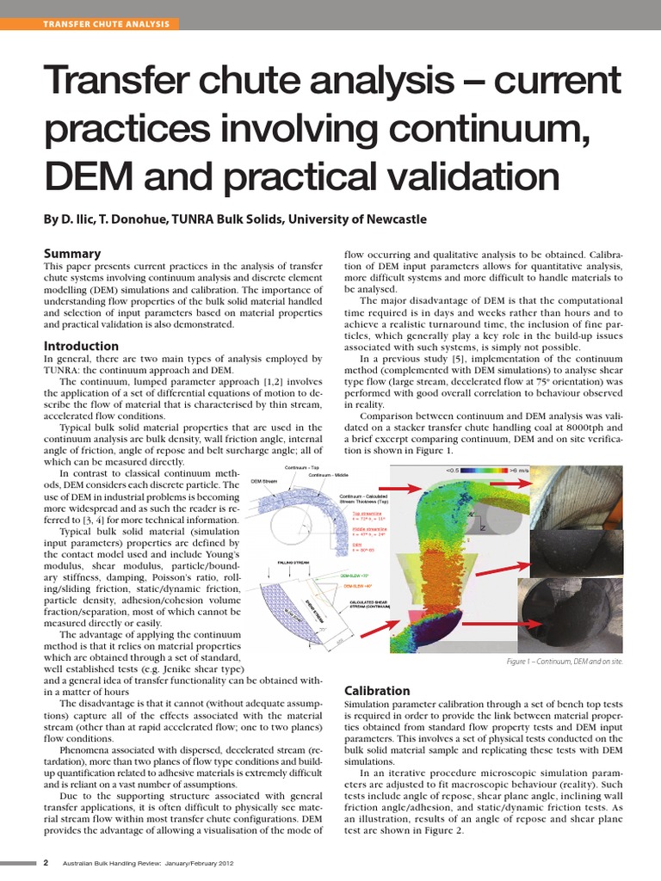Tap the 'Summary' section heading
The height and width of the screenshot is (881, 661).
pos(72,253)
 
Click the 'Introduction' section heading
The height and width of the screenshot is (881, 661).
pos(81,346)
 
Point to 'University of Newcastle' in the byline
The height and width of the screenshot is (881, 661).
pos(357,219)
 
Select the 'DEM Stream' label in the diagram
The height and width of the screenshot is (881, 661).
pos(263,481)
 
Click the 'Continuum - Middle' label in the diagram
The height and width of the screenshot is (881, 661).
pos(329,475)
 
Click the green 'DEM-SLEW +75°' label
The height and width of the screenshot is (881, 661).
pos(355,575)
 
